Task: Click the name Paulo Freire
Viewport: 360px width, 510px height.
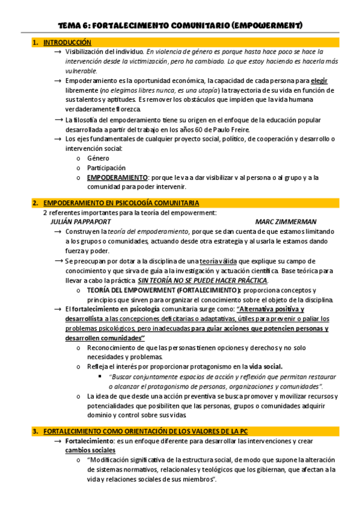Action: tap(231, 129)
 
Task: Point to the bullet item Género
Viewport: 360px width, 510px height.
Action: tap(98, 158)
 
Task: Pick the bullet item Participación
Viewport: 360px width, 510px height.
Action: tap(106, 168)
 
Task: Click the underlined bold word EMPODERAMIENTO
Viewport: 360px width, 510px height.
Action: tap(117, 177)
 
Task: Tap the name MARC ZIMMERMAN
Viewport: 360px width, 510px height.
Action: tap(285, 221)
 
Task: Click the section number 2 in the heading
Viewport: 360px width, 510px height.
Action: tap(36, 203)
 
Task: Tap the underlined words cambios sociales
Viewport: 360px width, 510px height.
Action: tap(90, 450)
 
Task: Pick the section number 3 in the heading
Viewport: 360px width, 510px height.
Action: tap(36, 431)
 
